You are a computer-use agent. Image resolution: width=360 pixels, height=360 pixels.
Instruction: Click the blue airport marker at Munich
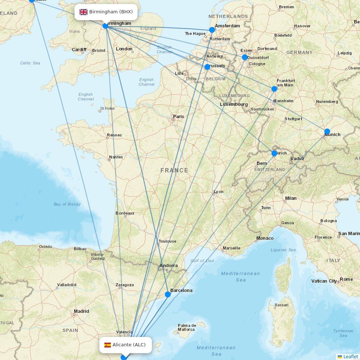[327, 131]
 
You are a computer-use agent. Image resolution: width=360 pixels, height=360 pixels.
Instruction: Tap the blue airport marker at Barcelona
[168, 294]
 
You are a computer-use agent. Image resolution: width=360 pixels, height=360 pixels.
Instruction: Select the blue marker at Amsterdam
[212, 30]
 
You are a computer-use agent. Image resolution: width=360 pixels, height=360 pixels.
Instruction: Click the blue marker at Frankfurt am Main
[274, 89]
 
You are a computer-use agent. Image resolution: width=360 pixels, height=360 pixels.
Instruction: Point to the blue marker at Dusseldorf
[245, 57]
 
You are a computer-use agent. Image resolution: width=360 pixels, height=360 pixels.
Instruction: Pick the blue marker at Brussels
[207, 67]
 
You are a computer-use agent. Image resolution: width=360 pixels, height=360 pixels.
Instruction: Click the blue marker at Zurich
[274, 153]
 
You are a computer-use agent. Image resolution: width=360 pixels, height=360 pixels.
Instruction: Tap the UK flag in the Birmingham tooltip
[84, 12]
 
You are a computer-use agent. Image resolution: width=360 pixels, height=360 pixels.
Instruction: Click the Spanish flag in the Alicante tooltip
[108, 345]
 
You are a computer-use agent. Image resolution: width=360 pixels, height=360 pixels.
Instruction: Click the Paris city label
[179, 116]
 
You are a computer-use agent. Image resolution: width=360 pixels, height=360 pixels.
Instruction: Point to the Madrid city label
[81, 311]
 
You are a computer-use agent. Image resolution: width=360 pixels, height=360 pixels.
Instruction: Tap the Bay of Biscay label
[67, 204]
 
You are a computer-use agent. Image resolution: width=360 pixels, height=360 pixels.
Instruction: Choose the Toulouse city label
[167, 241]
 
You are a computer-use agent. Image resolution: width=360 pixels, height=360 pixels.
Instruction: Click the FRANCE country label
[174, 170]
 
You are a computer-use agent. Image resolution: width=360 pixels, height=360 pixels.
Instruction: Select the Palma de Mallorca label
[186, 328]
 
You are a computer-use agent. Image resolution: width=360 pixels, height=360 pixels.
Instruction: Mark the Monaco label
[265, 238]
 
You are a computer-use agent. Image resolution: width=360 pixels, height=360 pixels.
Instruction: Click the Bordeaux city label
[125, 213]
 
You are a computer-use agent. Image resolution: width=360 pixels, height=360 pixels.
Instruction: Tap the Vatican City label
[324, 281]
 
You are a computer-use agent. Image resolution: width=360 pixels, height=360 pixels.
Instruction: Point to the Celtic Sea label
[30, 63]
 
